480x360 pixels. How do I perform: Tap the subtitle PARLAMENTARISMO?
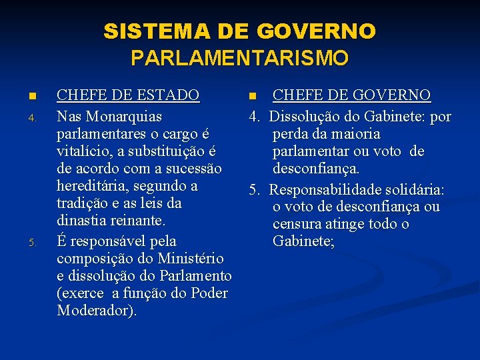click(x=239, y=59)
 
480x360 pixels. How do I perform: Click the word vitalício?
click(x=84, y=151)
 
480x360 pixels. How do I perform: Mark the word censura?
click(x=299, y=224)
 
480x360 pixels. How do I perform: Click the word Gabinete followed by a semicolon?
click(x=301, y=241)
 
